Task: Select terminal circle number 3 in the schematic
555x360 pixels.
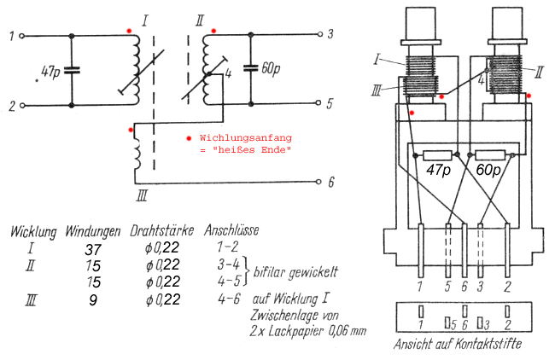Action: click(318, 35)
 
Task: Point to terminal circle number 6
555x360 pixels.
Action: click(318, 183)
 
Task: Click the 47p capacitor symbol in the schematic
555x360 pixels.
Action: click(72, 71)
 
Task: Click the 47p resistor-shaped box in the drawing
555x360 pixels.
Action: click(439, 154)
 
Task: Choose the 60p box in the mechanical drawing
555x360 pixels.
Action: click(489, 154)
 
